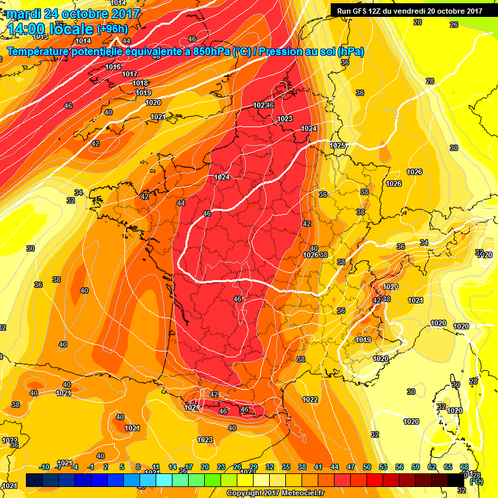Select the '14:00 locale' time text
[49, 28]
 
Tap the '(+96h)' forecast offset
[112, 28]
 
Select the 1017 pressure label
[130, 75]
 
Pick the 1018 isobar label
[140, 83]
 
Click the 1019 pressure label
[144, 93]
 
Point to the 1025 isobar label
[337, 145]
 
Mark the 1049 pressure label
[363, 340]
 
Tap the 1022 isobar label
[310, 399]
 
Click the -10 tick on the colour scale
[44, 467]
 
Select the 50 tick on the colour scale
[367, 467]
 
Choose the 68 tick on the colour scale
[464, 467]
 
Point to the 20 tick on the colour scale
[205, 467]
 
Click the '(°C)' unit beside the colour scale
[477, 481]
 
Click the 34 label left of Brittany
[78, 193]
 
